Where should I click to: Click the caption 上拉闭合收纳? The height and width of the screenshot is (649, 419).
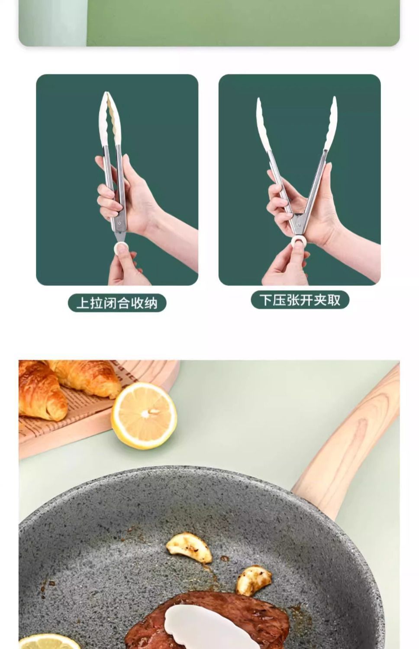coord(117,303)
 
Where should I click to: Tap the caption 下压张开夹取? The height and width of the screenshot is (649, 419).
coord(300,299)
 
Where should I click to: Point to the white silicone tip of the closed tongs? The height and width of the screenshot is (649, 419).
coord(110,118)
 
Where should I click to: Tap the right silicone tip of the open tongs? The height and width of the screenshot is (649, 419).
coord(331,123)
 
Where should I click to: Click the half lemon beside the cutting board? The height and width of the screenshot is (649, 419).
coord(144,415)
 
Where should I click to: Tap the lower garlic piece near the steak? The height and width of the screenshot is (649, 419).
coord(254,580)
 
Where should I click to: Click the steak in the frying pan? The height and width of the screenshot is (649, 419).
coord(207,620)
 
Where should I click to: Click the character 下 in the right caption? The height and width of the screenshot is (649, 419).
coord(265,299)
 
